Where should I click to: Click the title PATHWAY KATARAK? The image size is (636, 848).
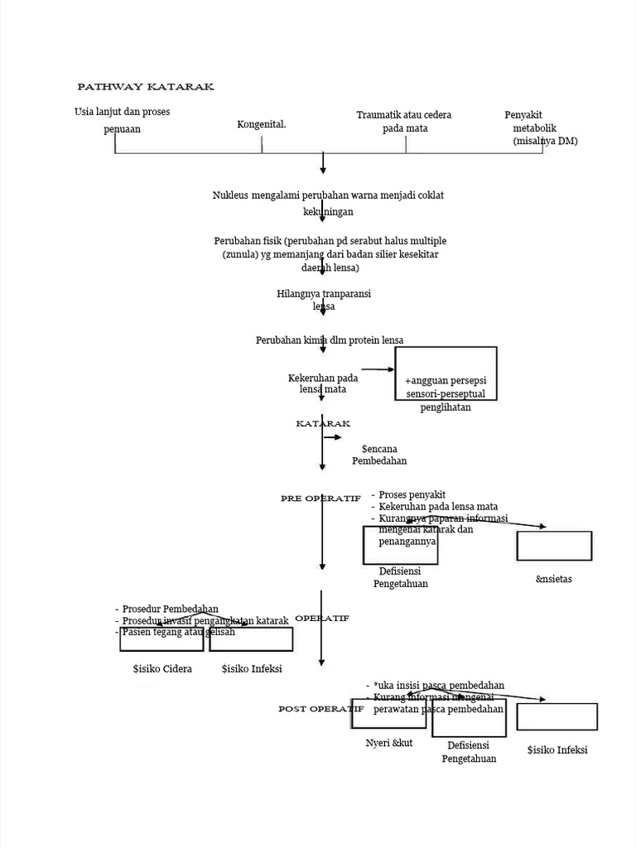[145, 87]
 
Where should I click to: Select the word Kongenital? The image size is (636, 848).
[261, 124]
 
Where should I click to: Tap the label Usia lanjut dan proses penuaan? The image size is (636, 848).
[122, 120]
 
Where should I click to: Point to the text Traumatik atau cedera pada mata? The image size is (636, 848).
[404, 122]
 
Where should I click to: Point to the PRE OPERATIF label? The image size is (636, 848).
[320, 499]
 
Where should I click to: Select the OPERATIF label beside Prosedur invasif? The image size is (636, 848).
[322, 619]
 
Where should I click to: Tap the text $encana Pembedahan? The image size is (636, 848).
[379, 454]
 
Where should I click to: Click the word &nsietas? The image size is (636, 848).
[554, 579]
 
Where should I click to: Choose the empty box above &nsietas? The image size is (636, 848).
[554, 546]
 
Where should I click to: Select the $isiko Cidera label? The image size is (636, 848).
[162, 669]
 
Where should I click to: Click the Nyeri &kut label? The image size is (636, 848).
[389, 743]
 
